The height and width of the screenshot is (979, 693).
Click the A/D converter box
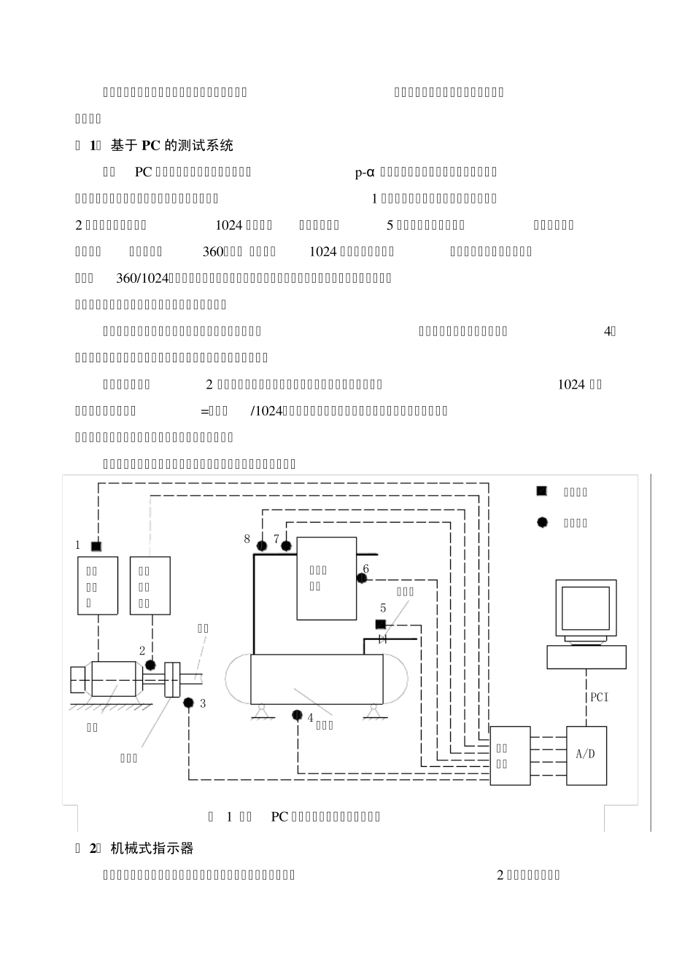[x=586, y=755]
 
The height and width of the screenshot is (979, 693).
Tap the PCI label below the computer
[x=599, y=697]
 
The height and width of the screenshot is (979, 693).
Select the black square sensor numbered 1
[x=96, y=546]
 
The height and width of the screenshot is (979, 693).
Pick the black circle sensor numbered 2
[x=150, y=665]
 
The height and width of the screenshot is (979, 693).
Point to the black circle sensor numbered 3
[x=188, y=703]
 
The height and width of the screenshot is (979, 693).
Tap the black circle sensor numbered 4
[x=298, y=714]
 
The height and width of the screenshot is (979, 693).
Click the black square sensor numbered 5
[x=380, y=624]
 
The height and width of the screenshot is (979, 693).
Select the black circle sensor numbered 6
[x=361, y=579]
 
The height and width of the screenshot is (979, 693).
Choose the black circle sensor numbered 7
[x=286, y=546]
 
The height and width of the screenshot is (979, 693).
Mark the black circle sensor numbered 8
[x=262, y=546]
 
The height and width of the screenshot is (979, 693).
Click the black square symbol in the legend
[x=542, y=491]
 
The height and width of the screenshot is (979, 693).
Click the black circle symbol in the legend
[x=542, y=522]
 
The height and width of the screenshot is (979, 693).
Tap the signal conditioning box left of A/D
[x=510, y=755]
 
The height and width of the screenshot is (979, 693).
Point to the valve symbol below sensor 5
[x=382, y=639]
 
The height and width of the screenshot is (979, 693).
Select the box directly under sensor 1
[x=98, y=585]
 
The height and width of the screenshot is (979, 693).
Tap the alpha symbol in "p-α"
[x=370, y=172]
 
